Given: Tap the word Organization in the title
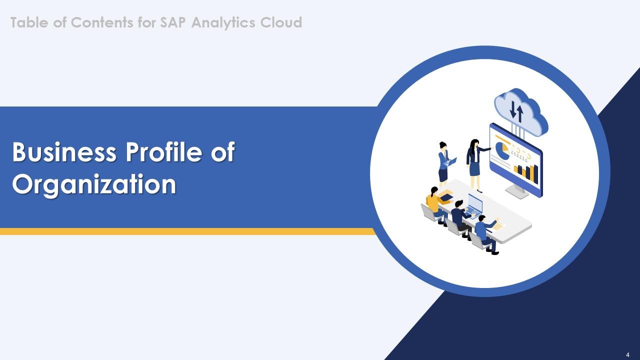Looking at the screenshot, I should coord(94,184).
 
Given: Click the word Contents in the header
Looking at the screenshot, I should coord(100,22).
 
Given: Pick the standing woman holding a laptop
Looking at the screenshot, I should coord(443,163).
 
